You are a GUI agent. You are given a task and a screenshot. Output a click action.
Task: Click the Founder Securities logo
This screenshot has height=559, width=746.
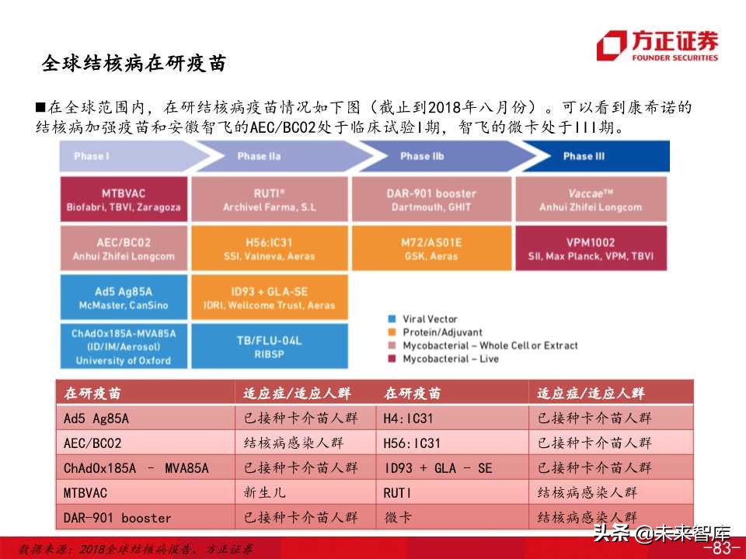click(x=657, y=45)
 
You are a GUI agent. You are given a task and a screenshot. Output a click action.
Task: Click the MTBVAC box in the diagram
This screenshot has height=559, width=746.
click(x=124, y=200)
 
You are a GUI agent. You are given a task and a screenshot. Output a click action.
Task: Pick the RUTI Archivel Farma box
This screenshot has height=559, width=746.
click(x=269, y=200)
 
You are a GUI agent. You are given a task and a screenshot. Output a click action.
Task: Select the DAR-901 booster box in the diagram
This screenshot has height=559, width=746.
click(x=432, y=200)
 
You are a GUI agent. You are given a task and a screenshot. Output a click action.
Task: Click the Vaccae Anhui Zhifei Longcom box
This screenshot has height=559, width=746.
click(x=591, y=200)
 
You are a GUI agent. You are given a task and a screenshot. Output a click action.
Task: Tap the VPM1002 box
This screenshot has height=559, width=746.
click(x=591, y=248)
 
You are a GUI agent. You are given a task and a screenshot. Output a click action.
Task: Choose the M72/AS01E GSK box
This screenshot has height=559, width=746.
click(x=432, y=248)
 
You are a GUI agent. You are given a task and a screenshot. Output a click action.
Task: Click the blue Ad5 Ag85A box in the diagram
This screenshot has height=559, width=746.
click(x=124, y=298)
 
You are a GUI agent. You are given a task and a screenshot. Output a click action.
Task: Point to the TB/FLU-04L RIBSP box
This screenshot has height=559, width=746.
click(x=269, y=345)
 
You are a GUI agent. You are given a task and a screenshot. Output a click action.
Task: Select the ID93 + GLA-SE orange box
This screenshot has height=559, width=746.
click(x=269, y=298)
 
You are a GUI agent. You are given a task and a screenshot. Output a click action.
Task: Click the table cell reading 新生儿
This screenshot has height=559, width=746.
click(x=261, y=493)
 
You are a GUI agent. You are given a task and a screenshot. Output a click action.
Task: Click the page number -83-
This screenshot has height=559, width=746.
click(x=720, y=548)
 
